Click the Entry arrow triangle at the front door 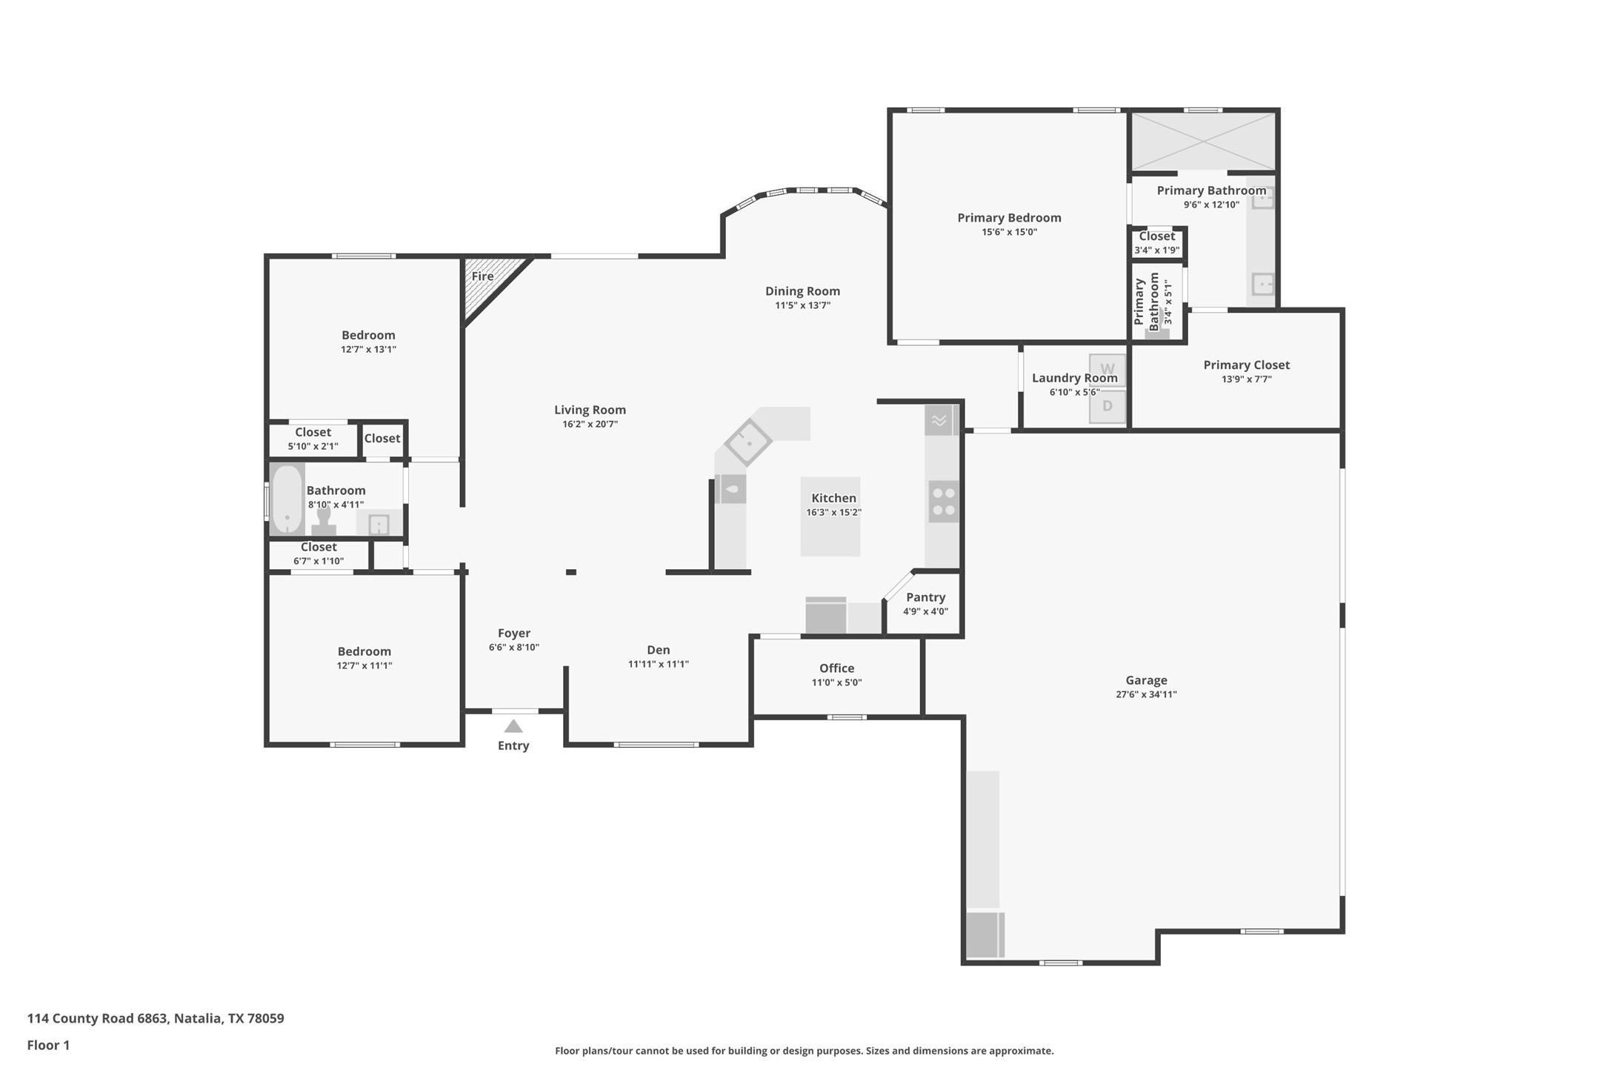pyautogui.click(x=513, y=726)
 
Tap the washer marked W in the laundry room pyautogui.click(x=1107, y=370)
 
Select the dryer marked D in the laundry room pyautogui.click(x=1107, y=406)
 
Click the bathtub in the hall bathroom pyautogui.click(x=287, y=499)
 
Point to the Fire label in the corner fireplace pyautogui.click(x=482, y=276)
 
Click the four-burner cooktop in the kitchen pyautogui.click(x=944, y=502)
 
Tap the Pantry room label pyautogui.click(x=925, y=597)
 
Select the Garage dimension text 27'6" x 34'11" pyautogui.click(x=1146, y=694)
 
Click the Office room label pyautogui.click(x=836, y=668)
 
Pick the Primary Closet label pyautogui.click(x=1246, y=365)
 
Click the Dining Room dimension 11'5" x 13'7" pyautogui.click(x=802, y=305)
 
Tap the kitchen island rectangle pyautogui.click(x=830, y=516)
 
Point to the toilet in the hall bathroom pyautogui.click(x=324, y=522)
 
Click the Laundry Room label pyautogui.click(x=1074, y=378)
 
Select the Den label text pyautogui.click(x=658, y=650)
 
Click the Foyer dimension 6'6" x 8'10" pyautogui.click(x=513, y=647)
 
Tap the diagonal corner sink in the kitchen pyautogui.click(x=747, y=442)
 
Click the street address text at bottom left pyautogui.click(x=156, y=1018)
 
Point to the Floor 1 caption pyautogui.click(x=48, y=1045)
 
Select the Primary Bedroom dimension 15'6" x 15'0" pyautogui.click(x=1009, y=232)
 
